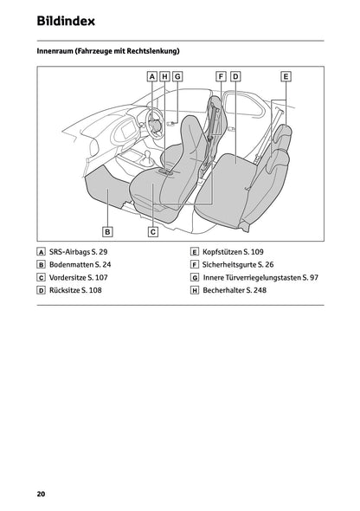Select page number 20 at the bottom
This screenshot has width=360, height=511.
tap(41, 494)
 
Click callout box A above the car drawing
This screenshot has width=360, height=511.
tap(152, 76)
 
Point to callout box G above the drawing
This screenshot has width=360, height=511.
tap(177, 76)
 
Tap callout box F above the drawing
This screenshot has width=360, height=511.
tap(222, 76)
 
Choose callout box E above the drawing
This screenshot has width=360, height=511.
tap(286, 76)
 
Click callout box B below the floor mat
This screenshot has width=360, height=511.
tap(107, 231)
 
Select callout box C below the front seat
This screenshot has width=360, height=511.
tap(152, 231)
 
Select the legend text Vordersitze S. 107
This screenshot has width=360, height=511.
tap(80, 277)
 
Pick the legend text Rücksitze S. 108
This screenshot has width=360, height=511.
tap(76, 291)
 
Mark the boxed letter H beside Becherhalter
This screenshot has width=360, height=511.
tap(195, 291)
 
